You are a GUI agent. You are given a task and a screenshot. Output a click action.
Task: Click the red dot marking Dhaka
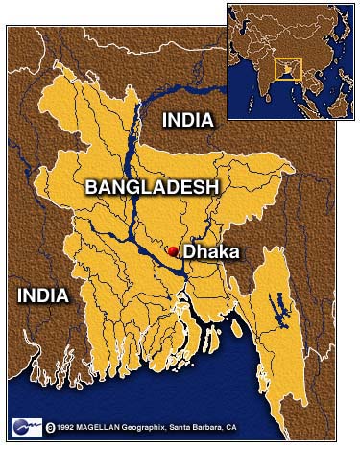(173, 251)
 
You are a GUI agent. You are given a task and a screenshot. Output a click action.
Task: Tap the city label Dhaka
(210, 252)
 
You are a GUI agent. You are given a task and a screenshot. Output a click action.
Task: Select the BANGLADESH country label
(152, 186)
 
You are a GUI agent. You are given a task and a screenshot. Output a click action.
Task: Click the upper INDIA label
(188, 120)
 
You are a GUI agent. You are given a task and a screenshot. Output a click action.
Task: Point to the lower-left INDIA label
(43, 295)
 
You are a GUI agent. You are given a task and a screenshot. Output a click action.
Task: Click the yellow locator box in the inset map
(288, 69)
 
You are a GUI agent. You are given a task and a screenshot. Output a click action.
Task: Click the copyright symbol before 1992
(49, 426)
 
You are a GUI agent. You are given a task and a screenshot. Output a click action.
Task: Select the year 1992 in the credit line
(66, 427)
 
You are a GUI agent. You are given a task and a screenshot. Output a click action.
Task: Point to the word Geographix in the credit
(154, 427)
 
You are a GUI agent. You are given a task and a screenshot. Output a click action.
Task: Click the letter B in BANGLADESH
(91, 186)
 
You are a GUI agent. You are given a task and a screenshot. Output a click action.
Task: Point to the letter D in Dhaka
(190, 252)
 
